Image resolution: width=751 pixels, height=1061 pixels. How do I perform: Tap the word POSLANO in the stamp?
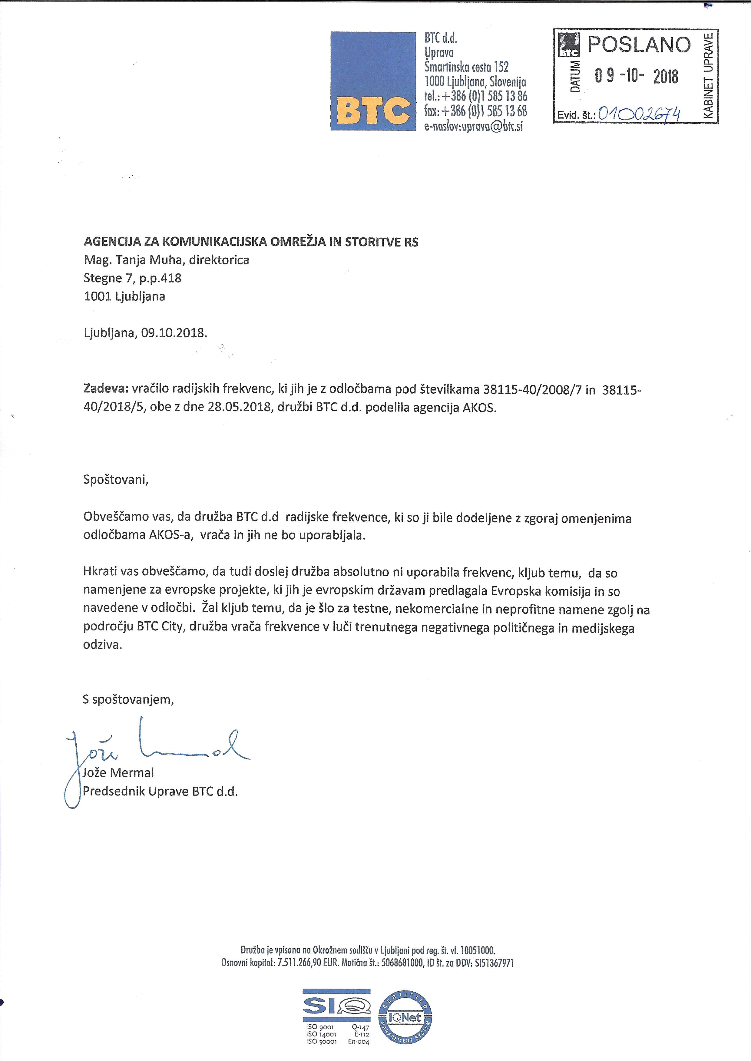click(x=639, y=45)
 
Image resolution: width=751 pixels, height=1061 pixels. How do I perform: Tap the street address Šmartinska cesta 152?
click(x=467, y=67)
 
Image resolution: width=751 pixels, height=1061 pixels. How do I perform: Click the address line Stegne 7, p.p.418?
click(x=132, y=278)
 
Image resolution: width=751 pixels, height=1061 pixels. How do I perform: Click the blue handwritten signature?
click(x=157, y=751)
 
